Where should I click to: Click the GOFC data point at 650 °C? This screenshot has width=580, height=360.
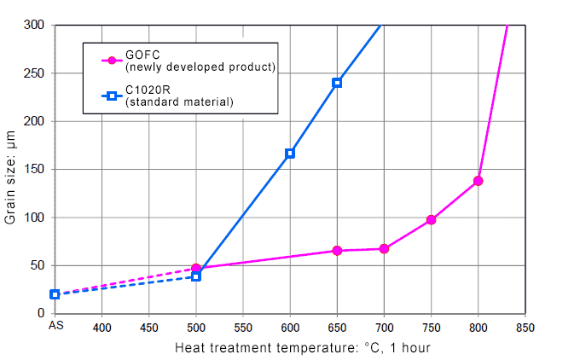337,251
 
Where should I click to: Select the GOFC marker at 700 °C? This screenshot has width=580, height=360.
384,249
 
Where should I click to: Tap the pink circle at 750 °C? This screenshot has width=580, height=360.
432,220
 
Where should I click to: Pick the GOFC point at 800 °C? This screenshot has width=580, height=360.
478,181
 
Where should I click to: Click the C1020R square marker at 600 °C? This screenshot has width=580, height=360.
290,154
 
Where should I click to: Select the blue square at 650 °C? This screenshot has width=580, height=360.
337,83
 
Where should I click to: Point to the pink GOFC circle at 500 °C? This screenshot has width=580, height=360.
196,269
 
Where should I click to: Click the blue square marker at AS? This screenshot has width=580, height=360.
55,294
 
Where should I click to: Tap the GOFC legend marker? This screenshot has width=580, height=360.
110,60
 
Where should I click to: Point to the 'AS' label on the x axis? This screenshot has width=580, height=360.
55,326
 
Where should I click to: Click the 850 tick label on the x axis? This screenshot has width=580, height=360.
525,326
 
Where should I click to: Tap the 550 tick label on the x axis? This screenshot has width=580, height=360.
243,326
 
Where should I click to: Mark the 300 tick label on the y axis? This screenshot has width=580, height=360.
34,26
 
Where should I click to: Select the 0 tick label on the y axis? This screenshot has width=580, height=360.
40,314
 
